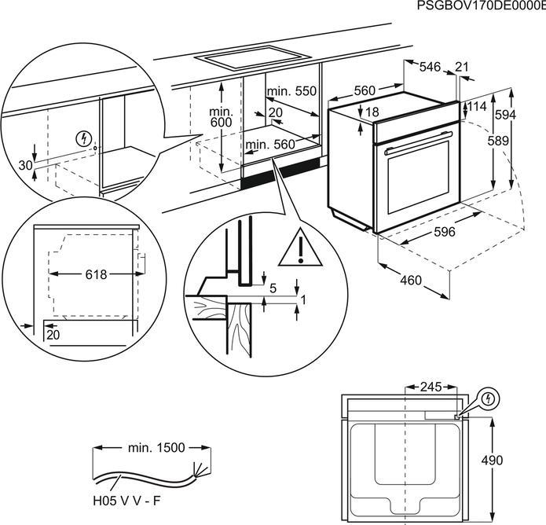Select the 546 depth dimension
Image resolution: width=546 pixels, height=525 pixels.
point(429,68)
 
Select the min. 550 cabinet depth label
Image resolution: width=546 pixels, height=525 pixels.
point(291,92)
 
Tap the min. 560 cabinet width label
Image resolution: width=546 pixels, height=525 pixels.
point(269,145)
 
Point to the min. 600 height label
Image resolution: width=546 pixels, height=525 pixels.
point(221,117)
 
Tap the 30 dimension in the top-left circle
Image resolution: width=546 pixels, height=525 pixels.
point(25,165)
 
